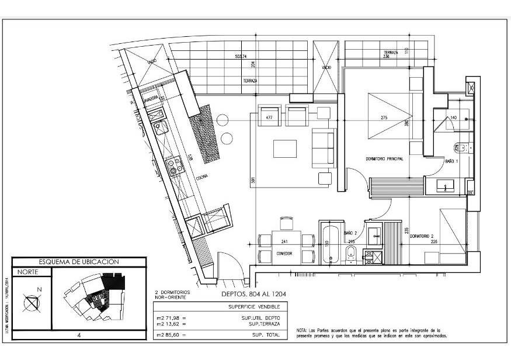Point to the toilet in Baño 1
[x=459, y=148]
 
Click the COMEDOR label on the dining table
[x=284, y=253]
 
